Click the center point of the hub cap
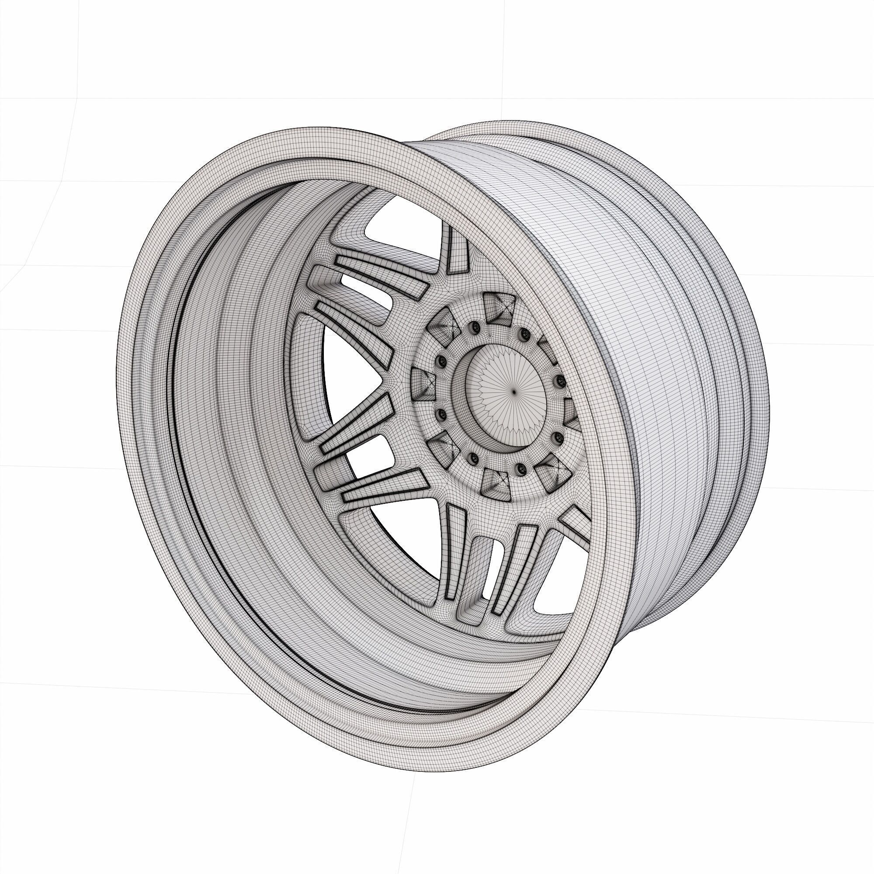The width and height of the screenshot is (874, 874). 514,392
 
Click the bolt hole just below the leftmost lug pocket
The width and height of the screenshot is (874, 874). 440,414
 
